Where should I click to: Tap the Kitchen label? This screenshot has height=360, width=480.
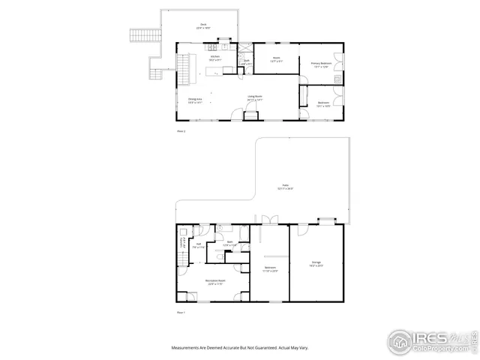pyautogui.click(x=214, y=57)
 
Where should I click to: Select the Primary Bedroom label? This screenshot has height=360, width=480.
pyautogui.click(x=320, y=64)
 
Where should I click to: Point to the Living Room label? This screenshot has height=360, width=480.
pyautogui.click(x=255, y=97)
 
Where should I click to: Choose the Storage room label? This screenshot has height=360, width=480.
pyautogui.click(x=316, y=263)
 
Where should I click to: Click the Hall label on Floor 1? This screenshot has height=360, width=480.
pyautogui.click(x=199, y=244)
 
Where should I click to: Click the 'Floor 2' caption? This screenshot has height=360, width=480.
pyautogui.click(x=180, y=130)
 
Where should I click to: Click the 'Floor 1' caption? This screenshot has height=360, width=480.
pyautogui.click(x=180, y=311)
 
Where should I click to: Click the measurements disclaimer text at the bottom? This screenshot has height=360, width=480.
pyautogui.click(x=240, y=348)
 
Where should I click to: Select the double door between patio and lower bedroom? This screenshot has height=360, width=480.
pyautogui.click(x=269, y=220)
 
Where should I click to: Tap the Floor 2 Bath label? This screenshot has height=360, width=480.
pyautogui.click(x=246, y=62)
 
